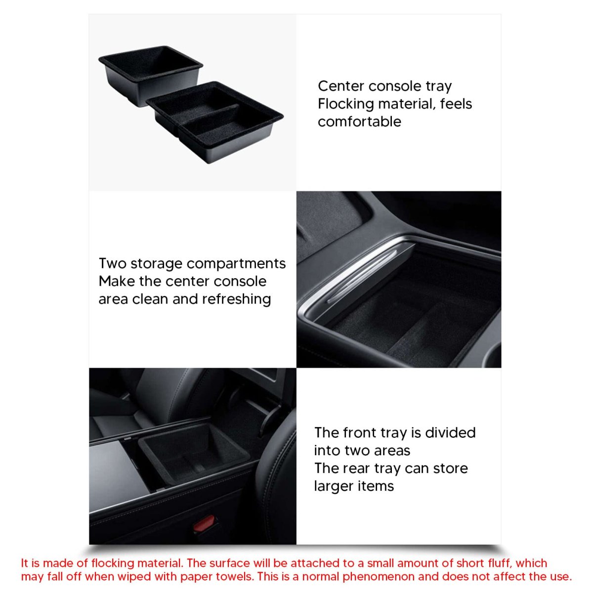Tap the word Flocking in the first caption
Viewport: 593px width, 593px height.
tap(345, 104)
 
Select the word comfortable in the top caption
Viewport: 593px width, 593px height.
tap(359, 122)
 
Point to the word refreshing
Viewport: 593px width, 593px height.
tap(236, 299)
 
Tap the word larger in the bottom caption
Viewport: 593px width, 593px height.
tap(334, 487)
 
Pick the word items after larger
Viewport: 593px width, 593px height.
tap(376, 486)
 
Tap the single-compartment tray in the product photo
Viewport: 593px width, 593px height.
tap(150, 74)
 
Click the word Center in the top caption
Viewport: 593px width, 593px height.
tap(340, 86)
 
